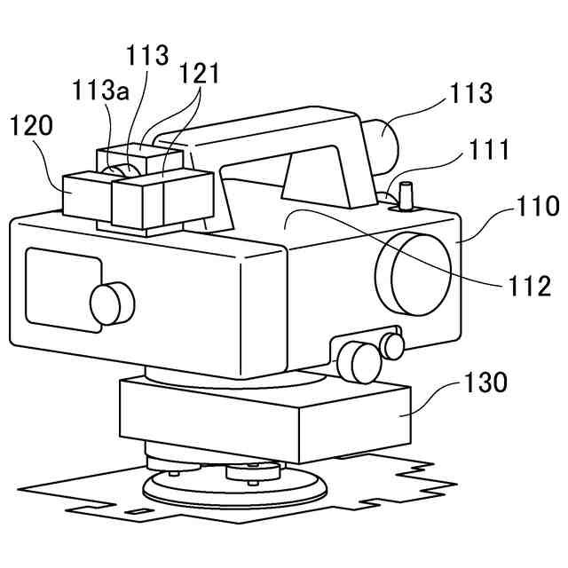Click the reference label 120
pyautogui.click(x=32, y=127)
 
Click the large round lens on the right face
pyautogui.click(x=414, y=270)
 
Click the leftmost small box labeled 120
pyautogui.click(x=86, y=193)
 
